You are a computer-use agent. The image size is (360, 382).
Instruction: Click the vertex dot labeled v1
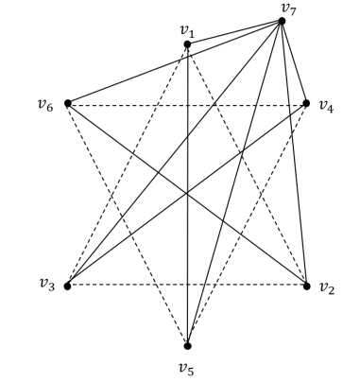pos(187,44)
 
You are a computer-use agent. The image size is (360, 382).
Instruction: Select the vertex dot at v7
pos(282,21)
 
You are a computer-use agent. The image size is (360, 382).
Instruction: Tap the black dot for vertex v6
pos(67,103)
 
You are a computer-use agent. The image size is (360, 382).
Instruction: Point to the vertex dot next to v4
pos(307,103)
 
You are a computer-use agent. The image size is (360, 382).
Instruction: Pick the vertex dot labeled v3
pos(67,286)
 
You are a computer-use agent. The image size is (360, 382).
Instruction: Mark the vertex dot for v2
pos(307,286)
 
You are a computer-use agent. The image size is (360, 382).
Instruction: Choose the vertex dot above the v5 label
pos(187,345)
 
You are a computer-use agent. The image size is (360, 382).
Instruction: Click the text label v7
pos(288,8)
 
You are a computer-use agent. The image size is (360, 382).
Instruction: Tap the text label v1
pos(187,30)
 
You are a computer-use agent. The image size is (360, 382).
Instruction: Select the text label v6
pos(43,103)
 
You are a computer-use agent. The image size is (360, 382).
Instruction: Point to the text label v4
pos(327,106)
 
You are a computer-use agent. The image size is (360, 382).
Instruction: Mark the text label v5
pos(187,365)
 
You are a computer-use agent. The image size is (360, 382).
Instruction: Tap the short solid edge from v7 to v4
pos(295,62)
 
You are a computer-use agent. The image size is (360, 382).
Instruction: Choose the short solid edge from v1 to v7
pos(234,32)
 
